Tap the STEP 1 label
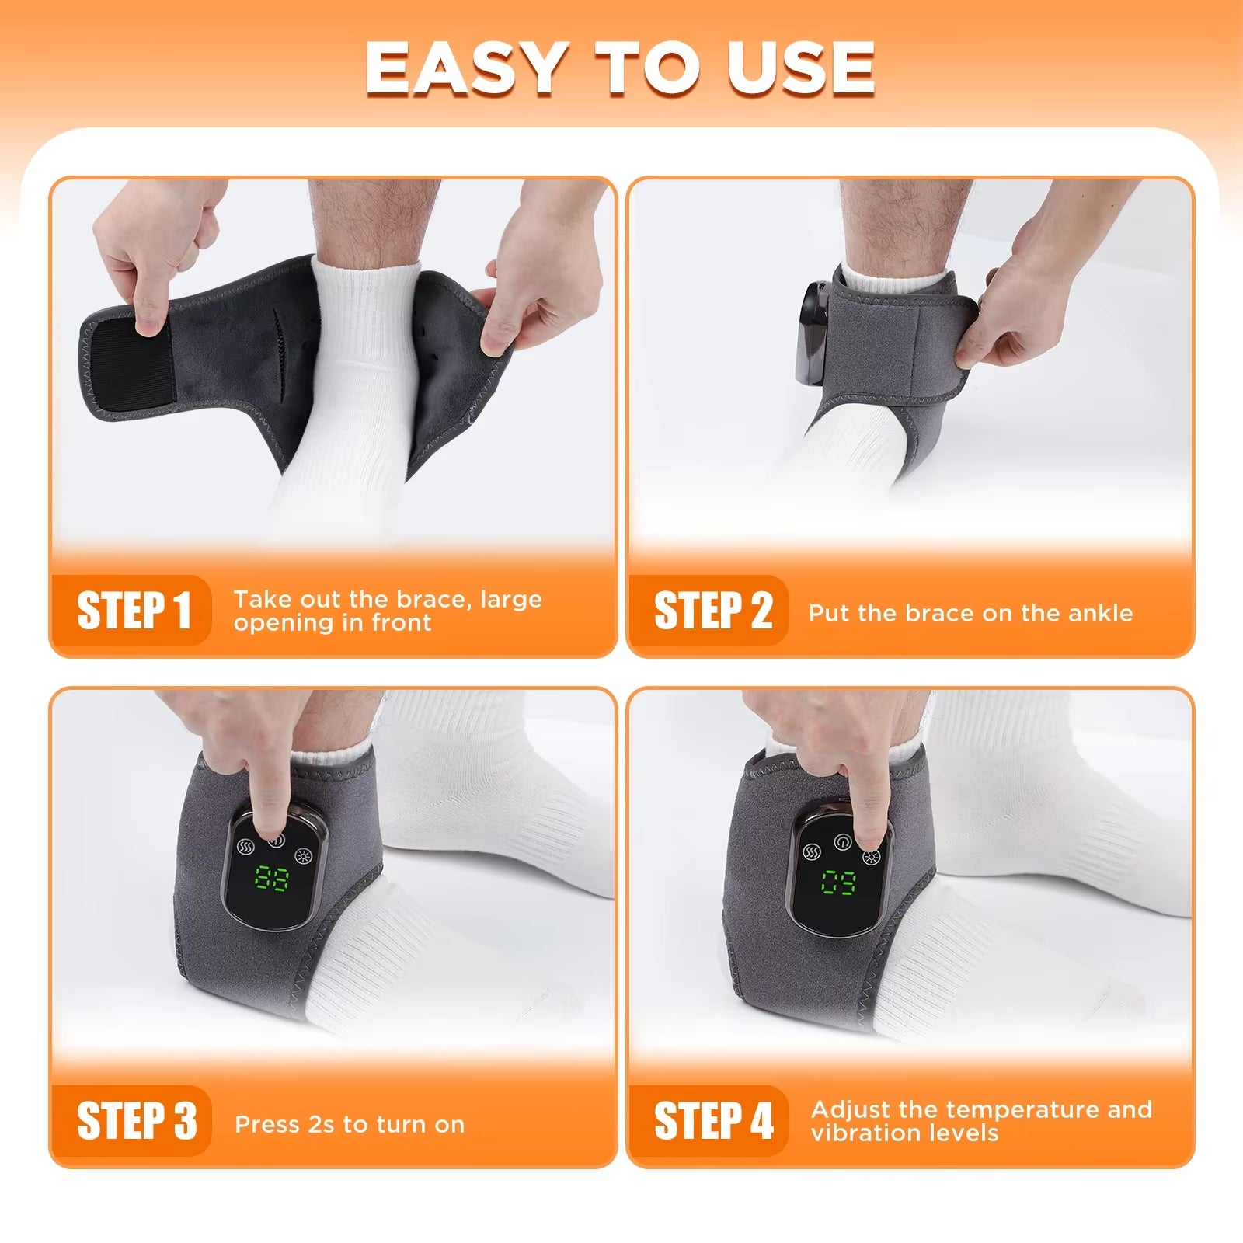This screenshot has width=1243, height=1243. point(133,611)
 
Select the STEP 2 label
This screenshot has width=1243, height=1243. point(712,611)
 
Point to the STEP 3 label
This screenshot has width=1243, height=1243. point(136,1121)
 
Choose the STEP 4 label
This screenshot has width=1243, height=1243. point(712,1121)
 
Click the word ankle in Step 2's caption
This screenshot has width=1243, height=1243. point(1100,613)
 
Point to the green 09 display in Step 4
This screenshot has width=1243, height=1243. point(839,882)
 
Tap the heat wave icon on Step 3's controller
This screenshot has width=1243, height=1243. point(246,847)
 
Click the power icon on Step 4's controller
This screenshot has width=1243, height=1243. point(842,842)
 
